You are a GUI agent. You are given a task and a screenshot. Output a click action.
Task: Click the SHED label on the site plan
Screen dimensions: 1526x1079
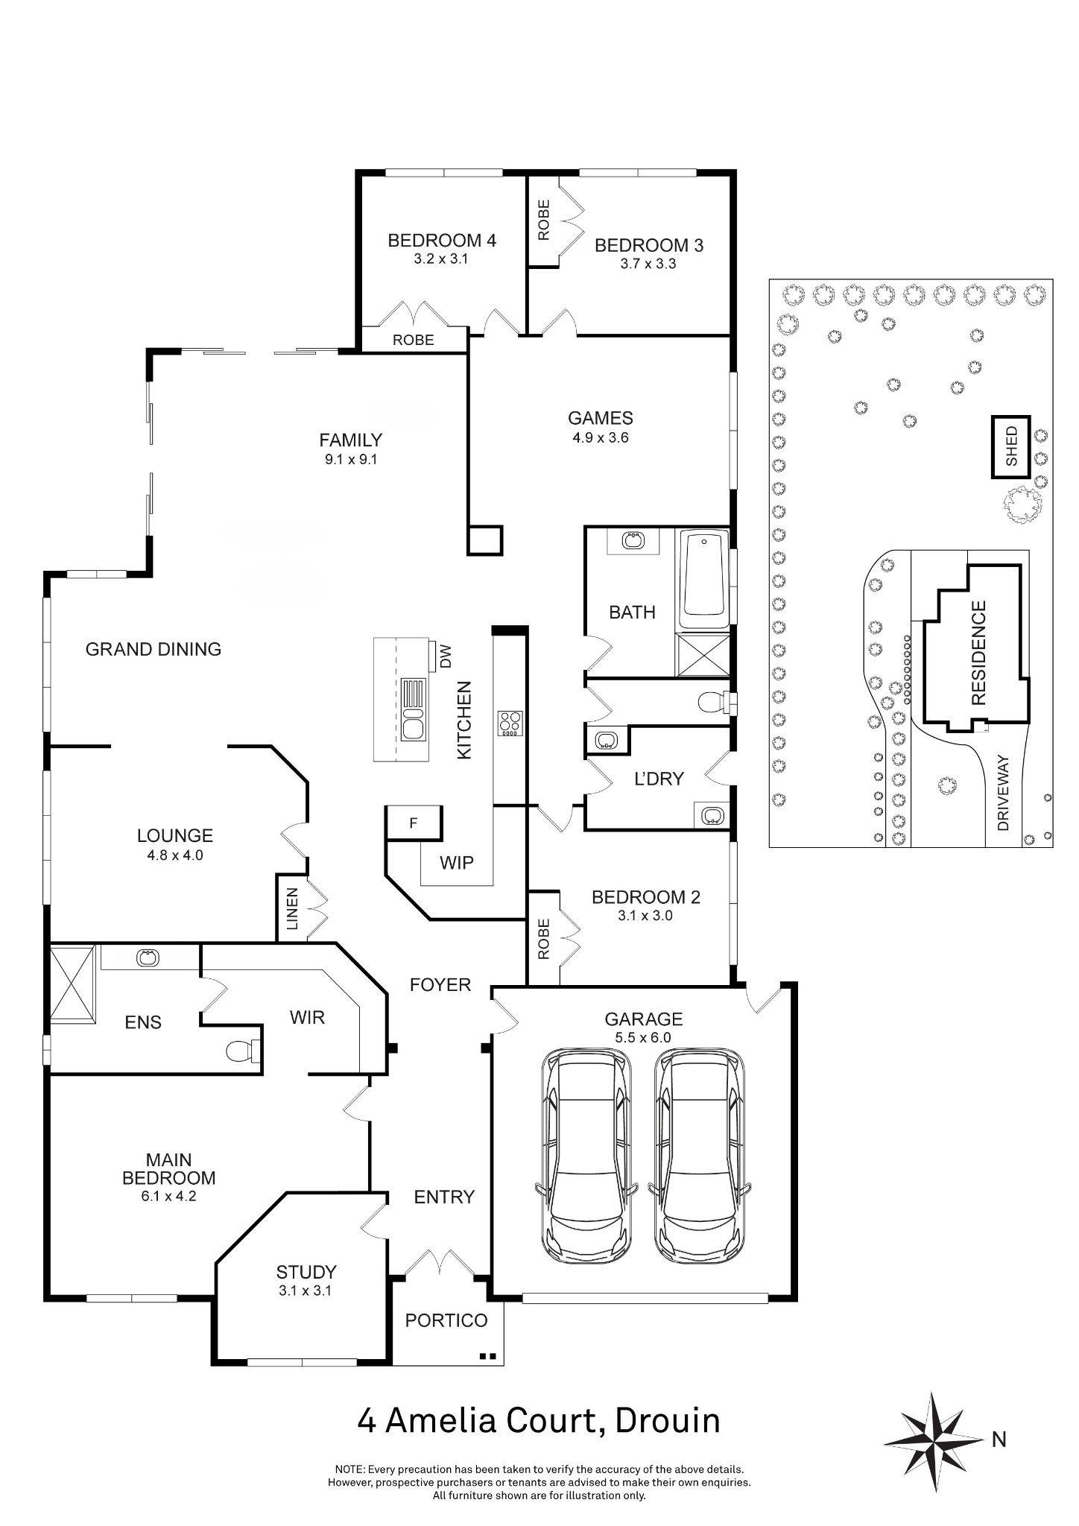coord(1011,446)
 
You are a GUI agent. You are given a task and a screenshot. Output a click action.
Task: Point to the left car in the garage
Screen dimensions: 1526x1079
coord(586,1153)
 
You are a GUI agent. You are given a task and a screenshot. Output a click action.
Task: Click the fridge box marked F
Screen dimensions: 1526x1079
coord(414,823)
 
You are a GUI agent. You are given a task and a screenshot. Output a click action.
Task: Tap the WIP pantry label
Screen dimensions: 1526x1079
coord(456,863)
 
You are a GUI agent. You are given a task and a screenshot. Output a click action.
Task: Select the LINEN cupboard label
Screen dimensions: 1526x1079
coord(292,909)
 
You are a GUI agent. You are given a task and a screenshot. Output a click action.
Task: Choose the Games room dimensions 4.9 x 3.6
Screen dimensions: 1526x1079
coord(600,437)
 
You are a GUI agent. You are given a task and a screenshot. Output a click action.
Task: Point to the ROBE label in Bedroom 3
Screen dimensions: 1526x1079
coord(543,219)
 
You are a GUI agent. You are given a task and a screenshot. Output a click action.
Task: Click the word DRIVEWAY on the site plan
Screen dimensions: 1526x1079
coord(1003,793)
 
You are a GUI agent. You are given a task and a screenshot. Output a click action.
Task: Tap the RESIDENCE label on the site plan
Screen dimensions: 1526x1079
coord(978,653)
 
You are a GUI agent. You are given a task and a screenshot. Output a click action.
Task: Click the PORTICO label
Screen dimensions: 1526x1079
coord(446,1320)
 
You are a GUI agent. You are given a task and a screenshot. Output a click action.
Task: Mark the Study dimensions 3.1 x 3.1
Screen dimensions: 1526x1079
coord(306,1291)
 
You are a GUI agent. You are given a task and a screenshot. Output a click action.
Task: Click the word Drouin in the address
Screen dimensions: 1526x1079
coord(668,1421)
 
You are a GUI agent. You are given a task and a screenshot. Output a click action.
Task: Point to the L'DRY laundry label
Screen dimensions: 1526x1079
coord(659,779)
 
